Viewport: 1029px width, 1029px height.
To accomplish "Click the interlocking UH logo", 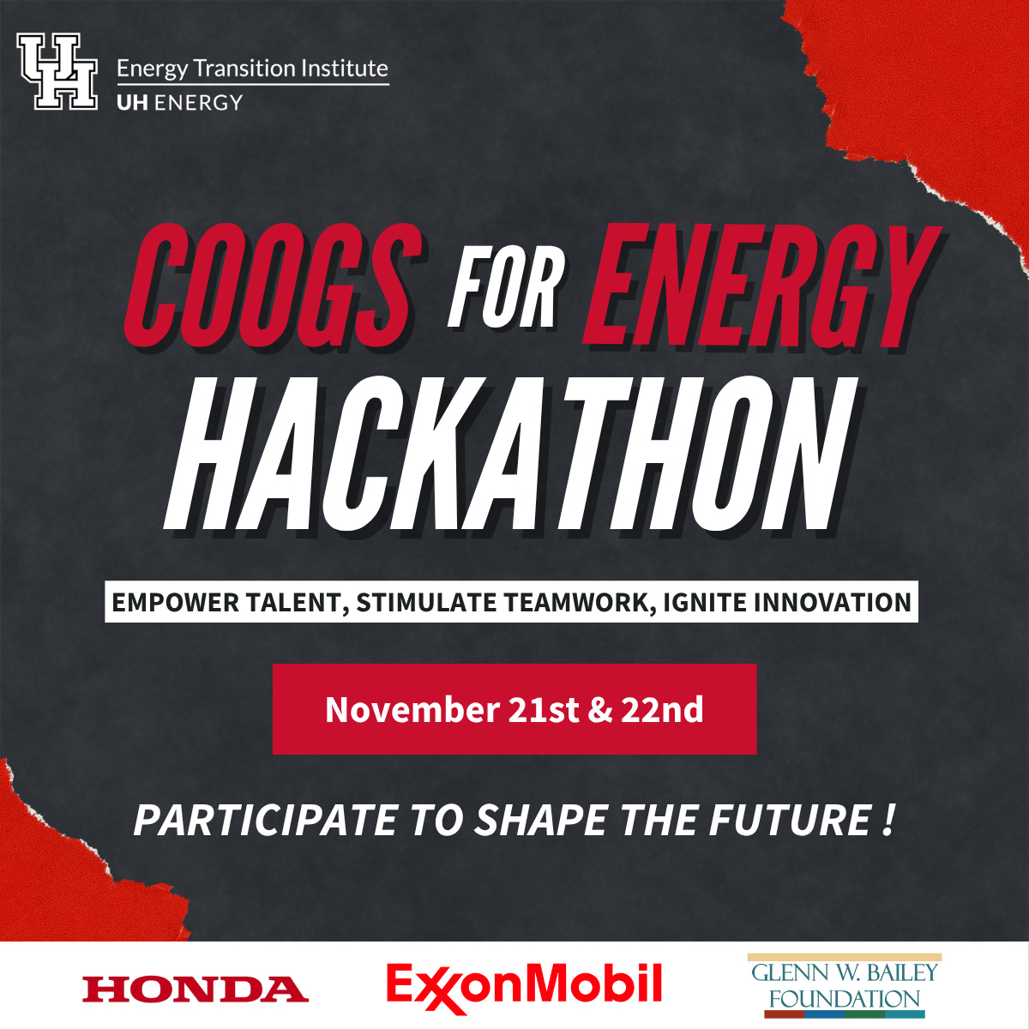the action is point(57,71).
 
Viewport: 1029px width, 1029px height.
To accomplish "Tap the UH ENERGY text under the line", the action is point(179,102).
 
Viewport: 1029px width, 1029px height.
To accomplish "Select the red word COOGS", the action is point(274,285).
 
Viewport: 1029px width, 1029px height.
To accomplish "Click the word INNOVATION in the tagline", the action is point(833,602).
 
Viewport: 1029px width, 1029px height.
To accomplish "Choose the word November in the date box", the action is point(412,710).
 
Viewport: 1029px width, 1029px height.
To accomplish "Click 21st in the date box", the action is point(544,710).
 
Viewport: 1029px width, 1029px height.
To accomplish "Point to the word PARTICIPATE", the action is point(265,821).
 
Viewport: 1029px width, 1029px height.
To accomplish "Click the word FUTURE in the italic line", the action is point(790,821).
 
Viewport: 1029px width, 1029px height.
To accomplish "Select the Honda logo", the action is point(196,989).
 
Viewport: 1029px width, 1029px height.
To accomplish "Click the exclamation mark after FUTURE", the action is point(888,821).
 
